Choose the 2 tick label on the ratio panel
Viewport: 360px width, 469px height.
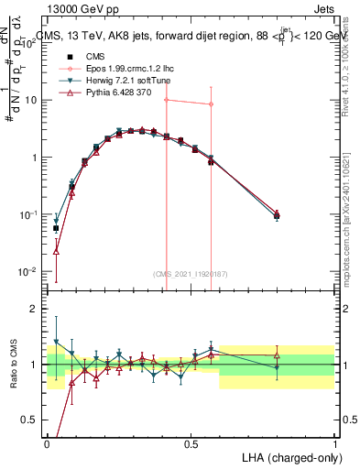click(x=36, y=309)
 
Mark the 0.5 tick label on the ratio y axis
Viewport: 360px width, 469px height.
click(x=33, y=420)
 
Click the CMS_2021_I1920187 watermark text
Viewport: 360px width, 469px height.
click(x=191, y=274)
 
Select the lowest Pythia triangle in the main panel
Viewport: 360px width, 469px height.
click(x=56, y=250)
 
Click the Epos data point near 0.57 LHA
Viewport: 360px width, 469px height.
click(x=212, y=104)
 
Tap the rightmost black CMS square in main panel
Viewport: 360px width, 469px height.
click(x=278, y=216)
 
